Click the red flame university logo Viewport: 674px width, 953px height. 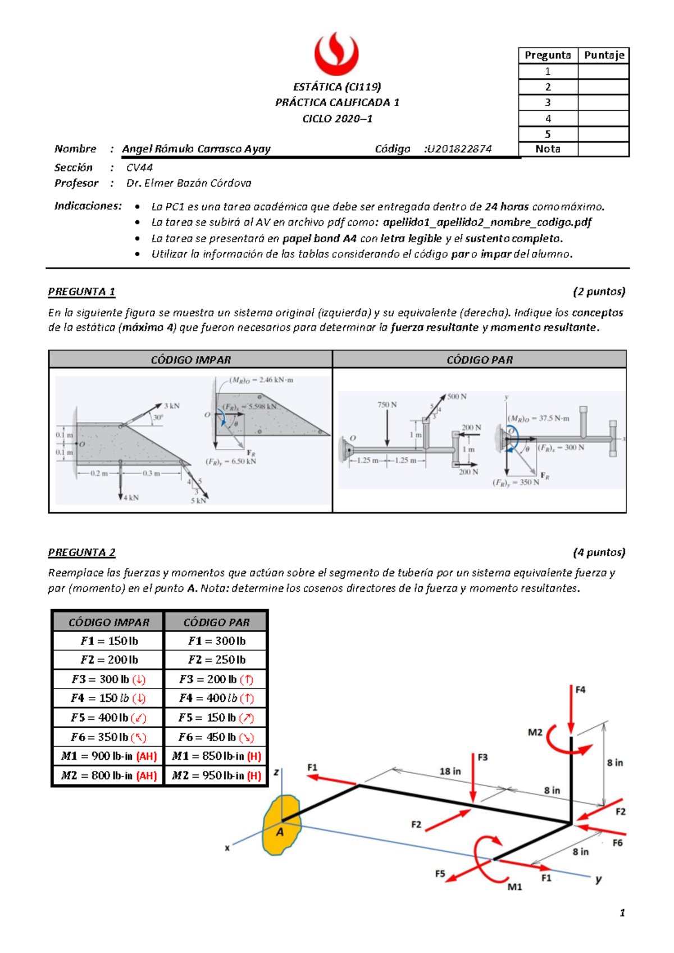(x=336, y=54)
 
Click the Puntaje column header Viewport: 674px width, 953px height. (x=603, y=55)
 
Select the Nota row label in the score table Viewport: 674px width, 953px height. (x=548, y=149)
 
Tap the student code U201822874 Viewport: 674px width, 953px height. (x=459, y=149)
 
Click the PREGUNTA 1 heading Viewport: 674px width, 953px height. (x=81, y=292)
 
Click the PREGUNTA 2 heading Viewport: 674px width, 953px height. (x=81, y=552)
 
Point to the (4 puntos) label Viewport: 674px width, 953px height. (x=599, y=552)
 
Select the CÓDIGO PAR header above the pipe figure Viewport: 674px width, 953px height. (x=479, y=360)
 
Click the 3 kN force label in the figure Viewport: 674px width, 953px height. (x=171, y=406)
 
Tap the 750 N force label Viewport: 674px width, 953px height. (x=387, y=405)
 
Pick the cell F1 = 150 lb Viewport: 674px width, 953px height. (x=108, y=641)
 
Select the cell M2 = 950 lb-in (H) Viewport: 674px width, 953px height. (x=216, y=775)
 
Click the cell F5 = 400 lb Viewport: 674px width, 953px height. (x=108, y=718)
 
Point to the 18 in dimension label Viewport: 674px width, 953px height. (x=450, y=772)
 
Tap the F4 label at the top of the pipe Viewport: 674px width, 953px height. (x=580, y=689)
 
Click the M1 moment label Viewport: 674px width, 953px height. (x=514, y=887)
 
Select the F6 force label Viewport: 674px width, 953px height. (x=617, y=843)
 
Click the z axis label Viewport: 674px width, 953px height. (x=276, y=773)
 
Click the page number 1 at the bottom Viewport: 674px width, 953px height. (x=622, y=913)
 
